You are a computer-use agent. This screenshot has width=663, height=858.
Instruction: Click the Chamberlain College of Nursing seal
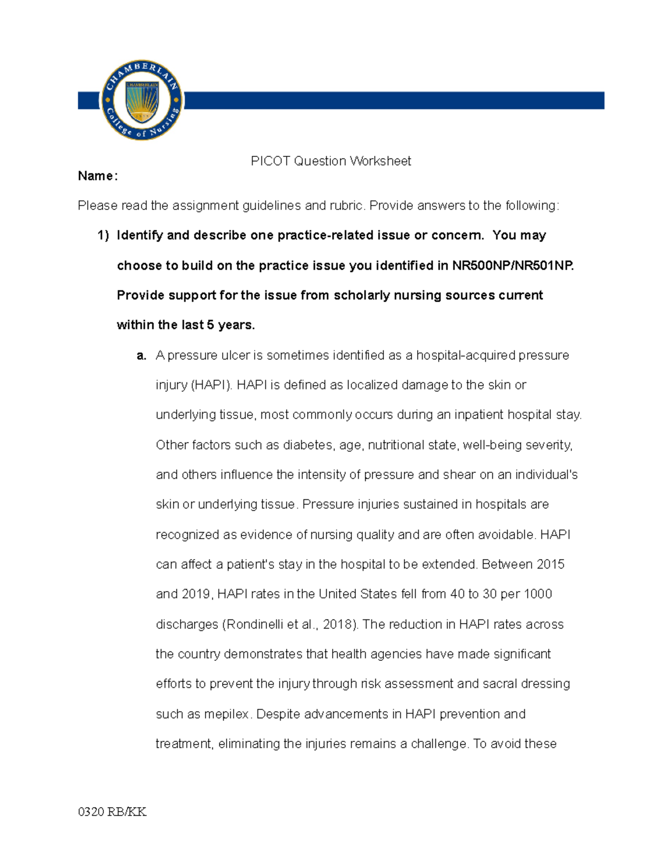point(142,100)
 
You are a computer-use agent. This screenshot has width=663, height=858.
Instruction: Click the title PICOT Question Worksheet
point(330,161)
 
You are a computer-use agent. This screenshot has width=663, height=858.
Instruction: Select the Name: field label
point(98,176)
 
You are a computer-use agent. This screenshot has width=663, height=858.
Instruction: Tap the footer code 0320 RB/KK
point(112,812)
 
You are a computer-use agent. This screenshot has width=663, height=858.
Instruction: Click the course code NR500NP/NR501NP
point(512,266)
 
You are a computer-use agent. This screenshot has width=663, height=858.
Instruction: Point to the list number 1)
point(103,235)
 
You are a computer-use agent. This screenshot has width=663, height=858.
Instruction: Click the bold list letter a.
point(141,355)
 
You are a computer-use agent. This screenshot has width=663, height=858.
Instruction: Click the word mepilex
point(227,714)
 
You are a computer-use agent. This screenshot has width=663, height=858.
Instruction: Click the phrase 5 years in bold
point(230,325)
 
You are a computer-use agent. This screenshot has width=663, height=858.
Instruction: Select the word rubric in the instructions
point(346,206)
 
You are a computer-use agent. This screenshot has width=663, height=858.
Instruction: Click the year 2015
point(550,564)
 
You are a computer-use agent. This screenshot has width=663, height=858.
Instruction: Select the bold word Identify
point(140,235)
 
